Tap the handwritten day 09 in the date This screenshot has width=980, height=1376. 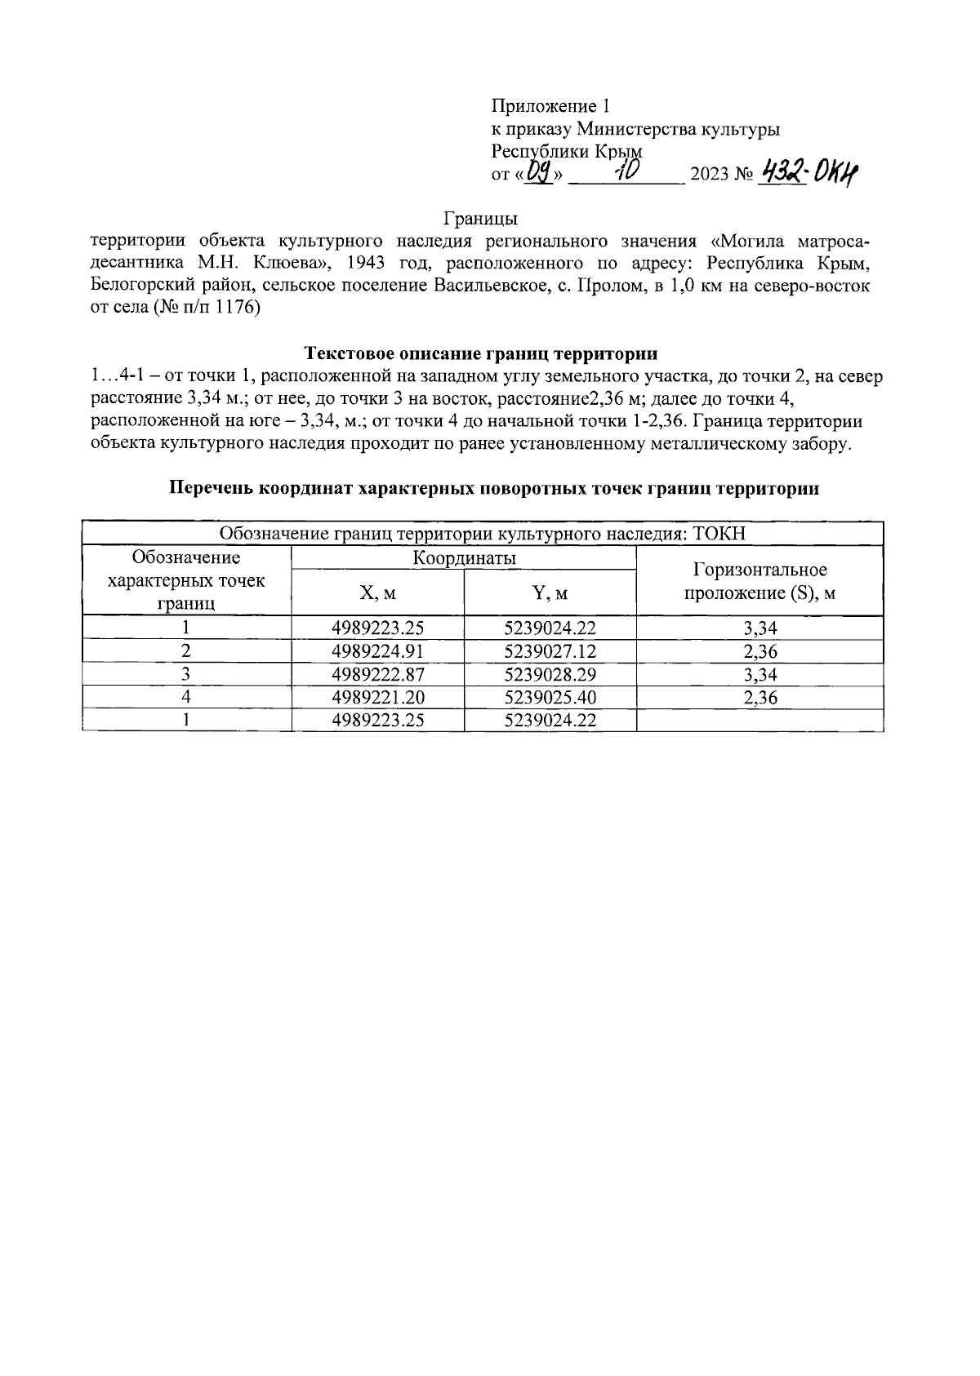click(540, 172)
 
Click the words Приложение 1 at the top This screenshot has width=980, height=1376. click(550, 106)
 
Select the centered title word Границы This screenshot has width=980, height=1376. click(481, 219)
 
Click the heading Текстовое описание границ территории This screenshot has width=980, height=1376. click(481, 353)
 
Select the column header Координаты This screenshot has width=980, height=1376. click(463, 558)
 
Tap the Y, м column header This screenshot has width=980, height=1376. click(550, 593)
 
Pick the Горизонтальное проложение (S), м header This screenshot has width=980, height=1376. click(759, 581)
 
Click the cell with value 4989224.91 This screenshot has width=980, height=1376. click(378, 651)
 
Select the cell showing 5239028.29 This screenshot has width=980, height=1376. click(550, 674)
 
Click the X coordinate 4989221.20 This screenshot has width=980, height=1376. click(378, 697)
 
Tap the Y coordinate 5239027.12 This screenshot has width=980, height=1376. click(550, 651)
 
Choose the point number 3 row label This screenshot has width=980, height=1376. click(186, 674)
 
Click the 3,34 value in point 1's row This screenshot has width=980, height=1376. click(759, 628)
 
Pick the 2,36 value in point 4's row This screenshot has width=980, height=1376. click(759, 697)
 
